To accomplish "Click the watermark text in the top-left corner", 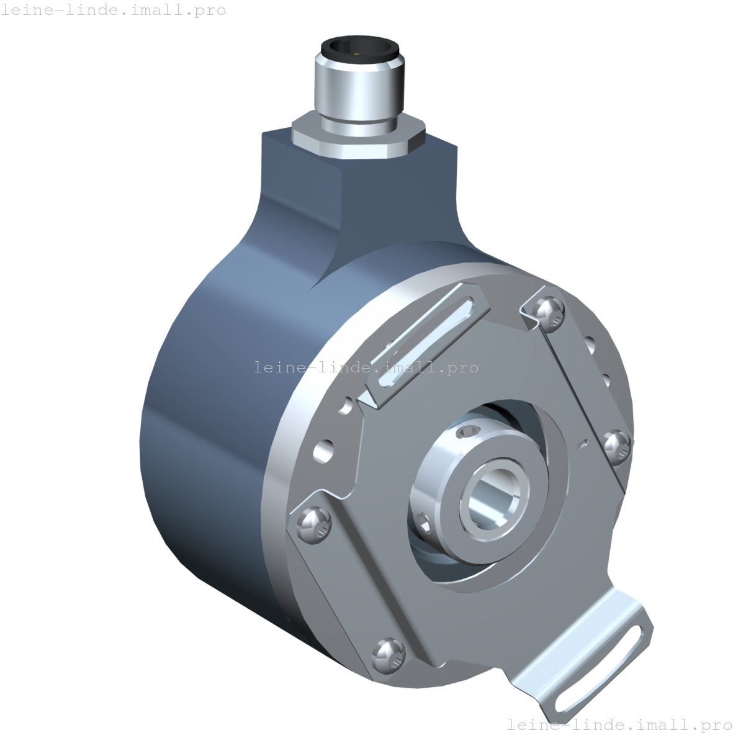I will pyautogui.click(x=113, y=11).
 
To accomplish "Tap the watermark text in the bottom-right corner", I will pyautogui.click(x=619, y=724).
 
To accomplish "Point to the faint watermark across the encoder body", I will pyautogui.click(x=366, y=367).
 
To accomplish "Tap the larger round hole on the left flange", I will pyautogui.click(x=323, y=451).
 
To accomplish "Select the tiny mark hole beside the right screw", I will pyautogui.click(x=582, y=443).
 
